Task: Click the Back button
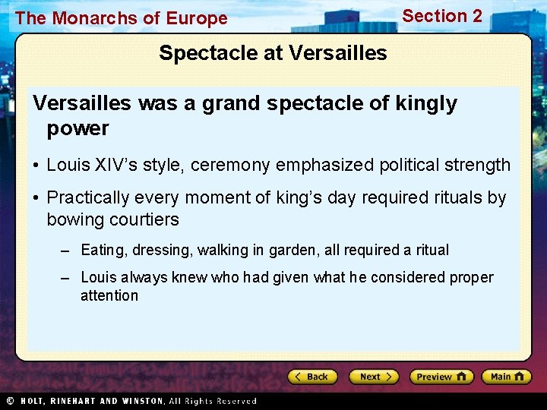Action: point(312,377)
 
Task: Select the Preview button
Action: point(441,377)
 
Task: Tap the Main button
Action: point(507,377)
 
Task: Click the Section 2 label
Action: point(441,16)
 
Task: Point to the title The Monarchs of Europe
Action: point(121,18)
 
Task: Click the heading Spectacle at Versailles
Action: point(273,53)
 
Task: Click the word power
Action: point(77,128)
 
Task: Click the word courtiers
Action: point(141,220)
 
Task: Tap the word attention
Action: point(109,296)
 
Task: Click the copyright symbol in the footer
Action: point(10,401)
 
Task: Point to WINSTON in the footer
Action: point(138,401)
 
